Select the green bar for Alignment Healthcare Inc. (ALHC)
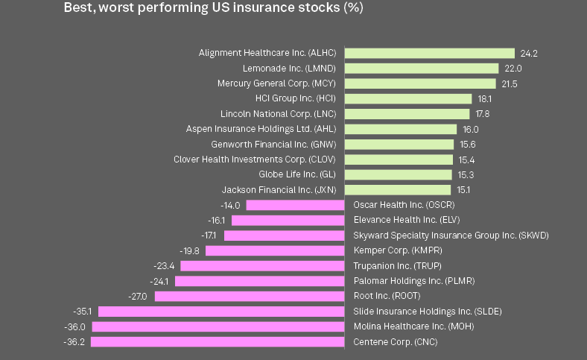(429, 53)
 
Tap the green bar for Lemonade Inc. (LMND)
(421, 69)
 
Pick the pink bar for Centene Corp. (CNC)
(218, 342)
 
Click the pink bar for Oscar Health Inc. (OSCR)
(295, 205)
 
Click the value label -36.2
(74, 342)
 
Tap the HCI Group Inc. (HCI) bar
(408, 98)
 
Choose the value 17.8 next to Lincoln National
(483, 114)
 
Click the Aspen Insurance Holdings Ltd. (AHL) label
(261, 129)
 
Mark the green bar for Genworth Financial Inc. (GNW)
(399, 144)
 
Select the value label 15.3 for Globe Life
(465, 174)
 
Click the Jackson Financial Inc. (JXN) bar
(398, 189)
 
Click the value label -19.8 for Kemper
(191, 250)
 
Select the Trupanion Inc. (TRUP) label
(390, 266)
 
